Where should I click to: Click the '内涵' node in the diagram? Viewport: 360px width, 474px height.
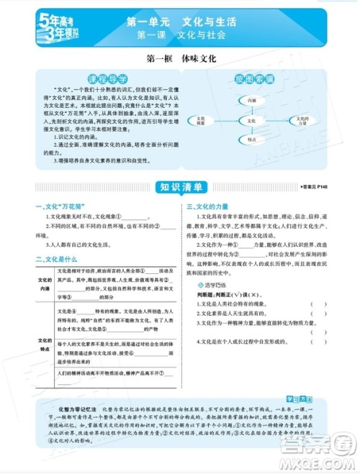pyautogui.click(x=250, y=102)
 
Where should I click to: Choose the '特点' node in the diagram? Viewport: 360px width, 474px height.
pyautogui.click(x=251, y=142)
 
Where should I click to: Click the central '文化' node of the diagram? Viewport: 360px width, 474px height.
pyautogui.click(x=251, y=122)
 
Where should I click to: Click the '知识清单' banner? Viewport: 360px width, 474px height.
pyautogui.click(x=181, y=188)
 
